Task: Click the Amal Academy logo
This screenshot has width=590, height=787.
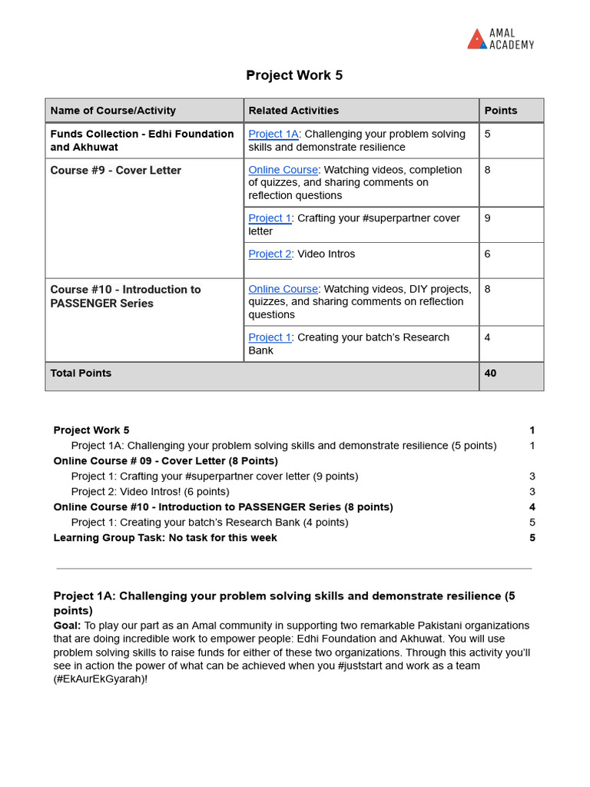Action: [x=500, y=39]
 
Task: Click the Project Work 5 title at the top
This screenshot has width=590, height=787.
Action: [x=294, y=75]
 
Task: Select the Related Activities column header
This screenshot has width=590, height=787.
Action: [x=293, y=111]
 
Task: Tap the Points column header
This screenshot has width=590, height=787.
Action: [x=501, y=111]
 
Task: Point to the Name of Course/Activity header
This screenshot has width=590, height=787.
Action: [x=113, y=111]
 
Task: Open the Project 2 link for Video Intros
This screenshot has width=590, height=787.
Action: [x=270, y=254]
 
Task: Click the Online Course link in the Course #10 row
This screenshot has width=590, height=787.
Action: [x=283, y=290]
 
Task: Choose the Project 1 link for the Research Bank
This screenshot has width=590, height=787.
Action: [x=270, y=337]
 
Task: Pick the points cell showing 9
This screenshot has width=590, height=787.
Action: [x=488, y=218]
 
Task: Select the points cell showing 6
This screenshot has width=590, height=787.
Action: [x=488, y=254]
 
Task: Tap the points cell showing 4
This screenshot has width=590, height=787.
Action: [x=488, y=337]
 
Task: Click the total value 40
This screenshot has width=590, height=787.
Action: [x=490, y=374]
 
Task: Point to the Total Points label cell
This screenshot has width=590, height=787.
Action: [x=81, y=374]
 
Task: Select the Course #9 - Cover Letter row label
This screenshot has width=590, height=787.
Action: [x=115, y=171]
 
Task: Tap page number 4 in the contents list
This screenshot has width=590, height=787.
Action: [x=532, y=507]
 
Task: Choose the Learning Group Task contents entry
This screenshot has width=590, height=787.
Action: [x=165, y=538]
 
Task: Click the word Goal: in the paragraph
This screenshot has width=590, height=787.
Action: [x=67, y=626]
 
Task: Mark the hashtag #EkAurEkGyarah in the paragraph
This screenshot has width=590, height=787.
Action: [x=99, y=679]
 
